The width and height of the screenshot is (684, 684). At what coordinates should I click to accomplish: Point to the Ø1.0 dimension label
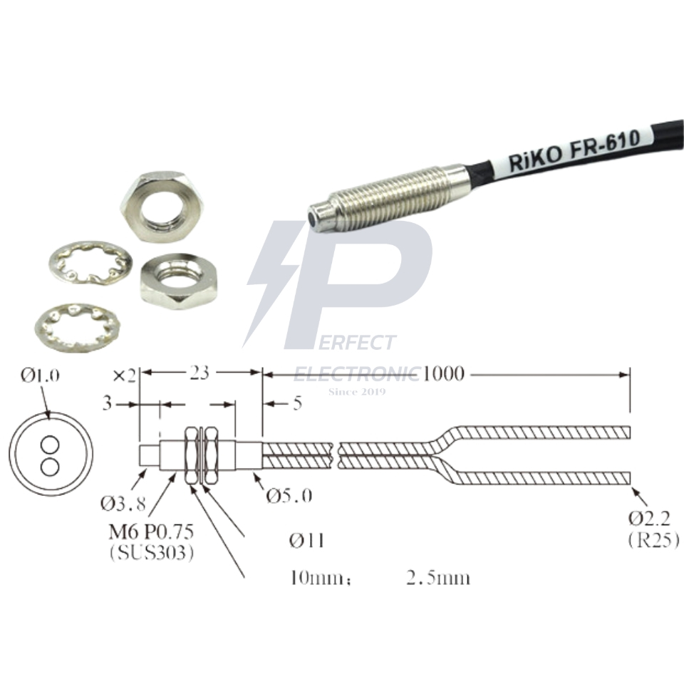tap(40, 375)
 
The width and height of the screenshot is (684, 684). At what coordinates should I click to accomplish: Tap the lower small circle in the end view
tap(50, 466)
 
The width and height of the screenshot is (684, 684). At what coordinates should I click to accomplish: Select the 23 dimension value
tap(199, 373)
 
